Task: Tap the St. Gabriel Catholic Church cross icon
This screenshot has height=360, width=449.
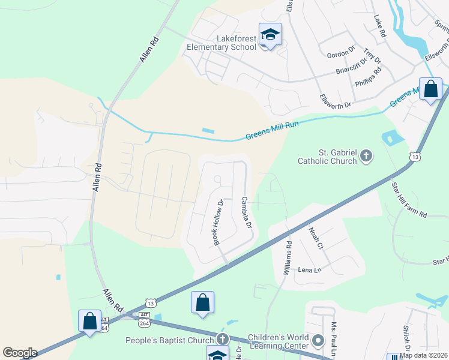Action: pos(366,157)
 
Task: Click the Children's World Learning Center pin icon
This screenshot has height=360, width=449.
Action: pos(318,340)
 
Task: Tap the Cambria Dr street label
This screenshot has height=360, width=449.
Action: pos(246,212)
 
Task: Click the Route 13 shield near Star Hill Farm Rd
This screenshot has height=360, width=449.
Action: pos(415,157)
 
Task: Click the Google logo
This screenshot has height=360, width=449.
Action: pos(20,353)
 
